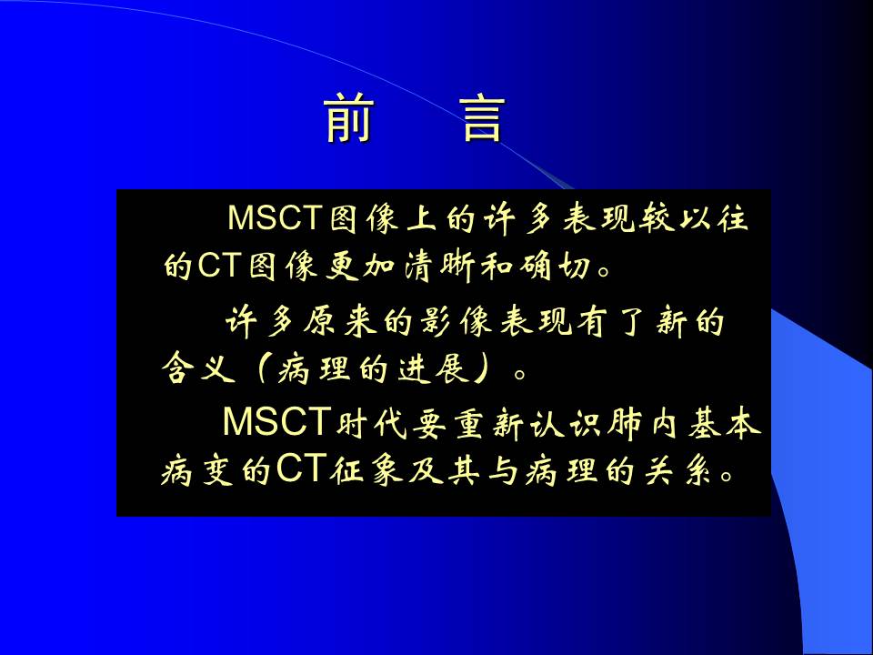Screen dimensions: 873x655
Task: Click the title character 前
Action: click(348, 118)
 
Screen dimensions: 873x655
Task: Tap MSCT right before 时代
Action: click(276, 421)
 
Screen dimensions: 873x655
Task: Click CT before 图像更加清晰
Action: click(217, 267)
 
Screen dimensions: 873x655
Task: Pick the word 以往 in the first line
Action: click(713, 217)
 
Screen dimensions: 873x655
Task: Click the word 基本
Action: click(723, 423)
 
